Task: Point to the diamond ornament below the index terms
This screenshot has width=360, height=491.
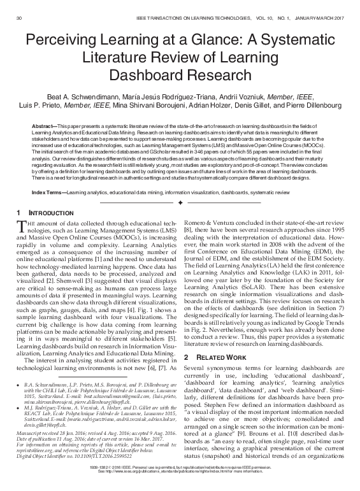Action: pyautogui.click(x=180, y=183)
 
